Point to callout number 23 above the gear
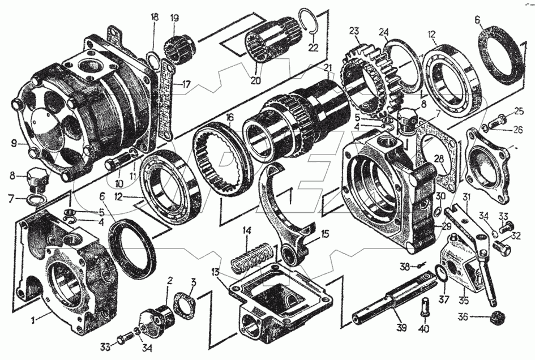[354, 31]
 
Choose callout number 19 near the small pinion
[174, 17]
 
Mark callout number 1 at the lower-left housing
[34, 320]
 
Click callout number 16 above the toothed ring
[229, 118]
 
